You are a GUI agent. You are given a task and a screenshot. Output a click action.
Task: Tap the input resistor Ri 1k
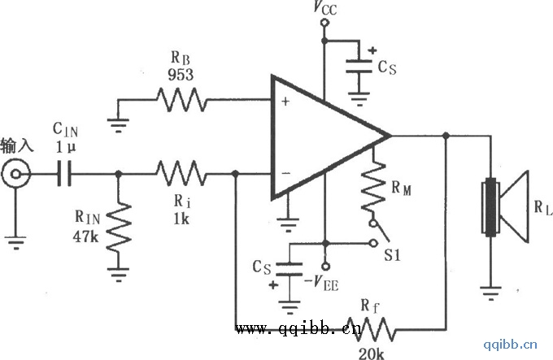(x=181, y=173)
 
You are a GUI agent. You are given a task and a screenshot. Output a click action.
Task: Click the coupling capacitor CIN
(x=63, y=173)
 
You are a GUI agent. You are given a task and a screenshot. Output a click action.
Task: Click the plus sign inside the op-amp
(x=285, y=102)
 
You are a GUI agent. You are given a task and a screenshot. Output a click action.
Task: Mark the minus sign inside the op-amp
(x=285, y=172)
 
